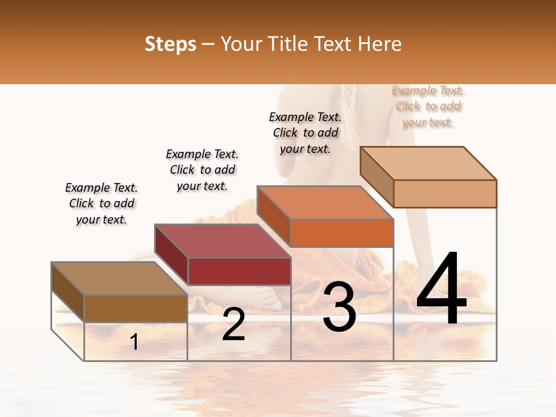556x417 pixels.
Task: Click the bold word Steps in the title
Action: [x=170, y=44]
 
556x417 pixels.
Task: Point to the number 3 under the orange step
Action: [x=339, y=306]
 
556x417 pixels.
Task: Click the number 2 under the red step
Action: [x=233, y=324]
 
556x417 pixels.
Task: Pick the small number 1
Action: [x=134, y=342]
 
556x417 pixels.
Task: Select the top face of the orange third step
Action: [x=325, y=203]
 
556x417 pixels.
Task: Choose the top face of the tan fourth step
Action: [x=428, y=163]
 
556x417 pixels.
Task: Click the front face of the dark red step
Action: [x=239, y=271]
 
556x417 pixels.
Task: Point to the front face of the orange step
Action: [x=342, y=233]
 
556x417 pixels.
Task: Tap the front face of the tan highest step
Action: [x=445, y=193]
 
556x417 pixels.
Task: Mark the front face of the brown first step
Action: [x=136, y=308]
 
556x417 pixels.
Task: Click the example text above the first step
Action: [x=101, y=203]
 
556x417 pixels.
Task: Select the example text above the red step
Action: [x=202, y=170]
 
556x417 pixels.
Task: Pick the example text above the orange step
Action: [x=305, y=133]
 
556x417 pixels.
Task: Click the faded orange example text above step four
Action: [x=428, y=107]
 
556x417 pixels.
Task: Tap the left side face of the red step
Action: [x=171, y=255]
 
